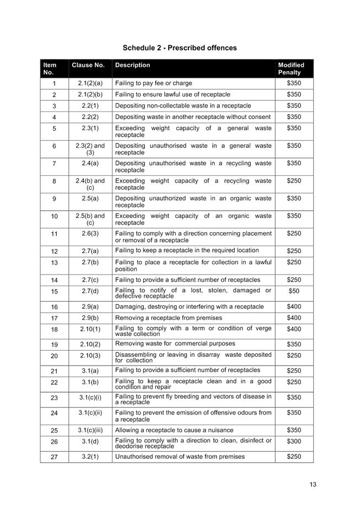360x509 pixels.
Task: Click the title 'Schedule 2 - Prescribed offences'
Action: click(x=180, y=48)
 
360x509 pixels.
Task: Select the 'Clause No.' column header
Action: click(x=88, y=65)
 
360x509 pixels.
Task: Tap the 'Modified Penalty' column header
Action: click(x=291, y=68)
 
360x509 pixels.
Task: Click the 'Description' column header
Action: click(x=132, y=65)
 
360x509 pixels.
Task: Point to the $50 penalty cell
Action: click(x=294, y=291)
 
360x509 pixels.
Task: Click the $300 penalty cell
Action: click(x=294, y=442)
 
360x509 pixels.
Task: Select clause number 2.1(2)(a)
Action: click(x=90, y=83)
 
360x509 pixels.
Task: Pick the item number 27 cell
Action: click(x=54, y=457)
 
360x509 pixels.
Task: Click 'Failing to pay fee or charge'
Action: click(x=154, y=83)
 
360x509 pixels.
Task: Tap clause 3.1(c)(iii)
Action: click(x=90, y=430)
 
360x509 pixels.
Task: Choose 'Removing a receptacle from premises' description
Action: click(x=169, y=318)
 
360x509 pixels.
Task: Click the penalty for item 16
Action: click(x=294, y=307)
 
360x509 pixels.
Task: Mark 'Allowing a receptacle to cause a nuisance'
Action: click(x=174, y=430)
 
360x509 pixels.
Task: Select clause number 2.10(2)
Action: click(x=90, y=344)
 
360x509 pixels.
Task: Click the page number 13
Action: click(x=313, y=485)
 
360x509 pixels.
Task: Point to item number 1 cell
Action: click(x=54, y=84)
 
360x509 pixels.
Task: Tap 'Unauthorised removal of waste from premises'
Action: click(x=180, y=457)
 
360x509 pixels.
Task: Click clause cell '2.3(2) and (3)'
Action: click(x=90, y=149)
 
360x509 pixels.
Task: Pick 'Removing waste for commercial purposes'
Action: click(x=175, y=344)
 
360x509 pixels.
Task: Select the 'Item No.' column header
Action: click(x=50, y=68)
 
